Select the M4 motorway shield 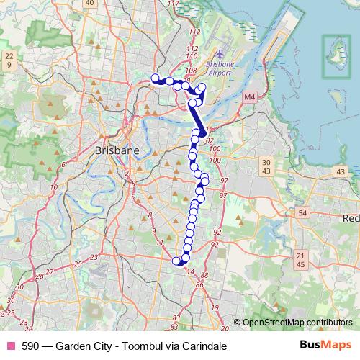coord(249,96)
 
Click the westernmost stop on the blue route coord(155,78)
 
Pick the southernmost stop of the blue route coord(177,261)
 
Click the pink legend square coord(10,346)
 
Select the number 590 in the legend coord(31,346)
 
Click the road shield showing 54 coord(302,212)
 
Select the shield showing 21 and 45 coord(301,260)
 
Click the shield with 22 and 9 coord(9,60)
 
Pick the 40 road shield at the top coord(89,3)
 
